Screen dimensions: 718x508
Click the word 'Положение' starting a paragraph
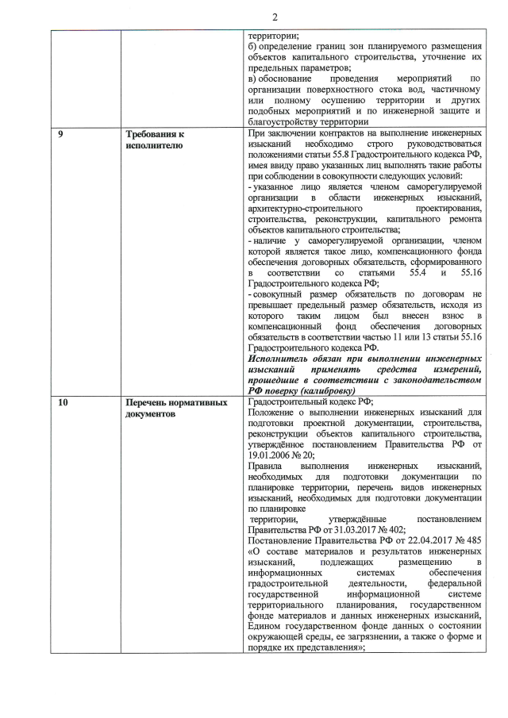point(273,412)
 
